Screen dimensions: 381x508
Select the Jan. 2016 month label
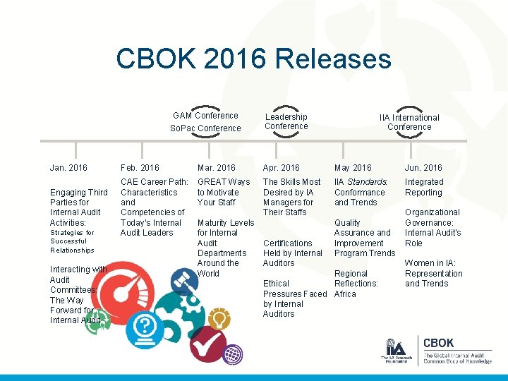click(x=68, y=168)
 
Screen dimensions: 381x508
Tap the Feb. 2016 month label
click(x=140, y=168)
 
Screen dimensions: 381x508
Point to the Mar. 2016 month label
click(x=217, y=168)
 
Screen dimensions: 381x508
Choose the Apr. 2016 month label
click(x=282, y=168)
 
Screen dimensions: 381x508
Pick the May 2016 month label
click(x=353, y=168)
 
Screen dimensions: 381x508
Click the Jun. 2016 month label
click(x=423, y=168)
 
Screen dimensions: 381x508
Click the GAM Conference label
click(x=206, y=116)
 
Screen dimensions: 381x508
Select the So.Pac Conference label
click(x=205, y=128)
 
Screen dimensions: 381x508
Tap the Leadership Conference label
click(x=286, y=121)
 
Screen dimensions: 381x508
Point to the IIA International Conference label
click(x=409, y=122)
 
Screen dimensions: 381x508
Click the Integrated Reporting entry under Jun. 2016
click(x=423, y=187)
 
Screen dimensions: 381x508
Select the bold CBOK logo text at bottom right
click(x=438, y=344)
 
